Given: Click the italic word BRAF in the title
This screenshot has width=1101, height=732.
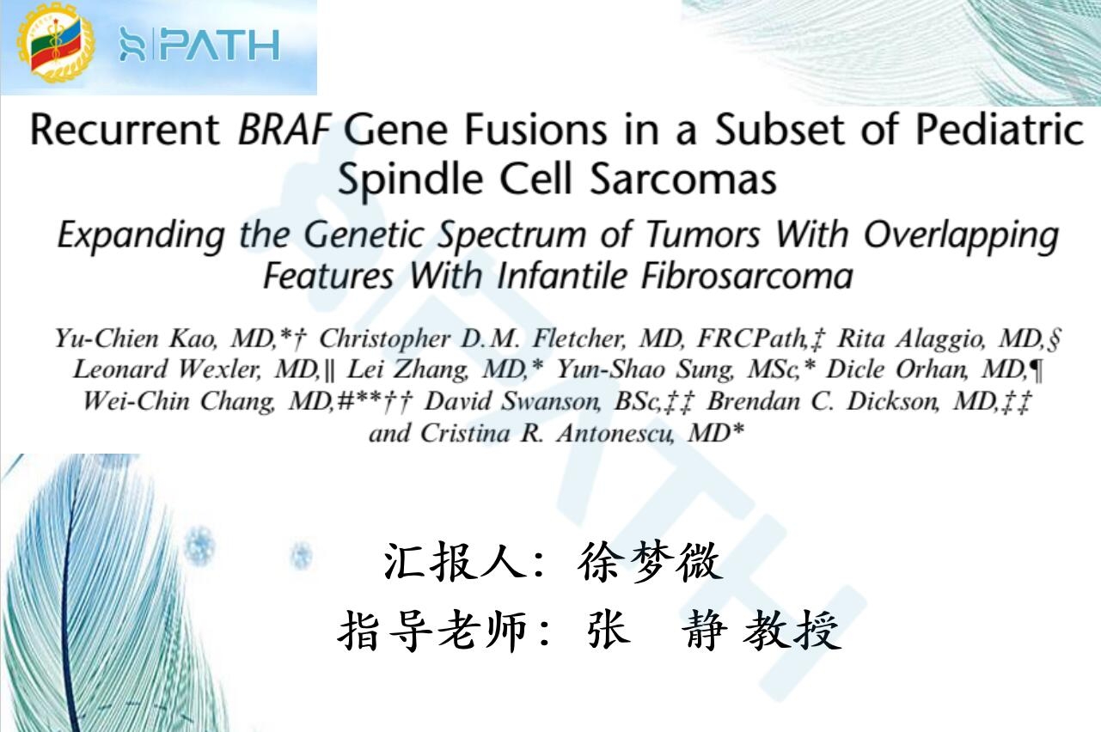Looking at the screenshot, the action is pyautogui.click(x=284, y=130).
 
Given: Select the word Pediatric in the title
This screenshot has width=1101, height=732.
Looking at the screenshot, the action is pyautogui.click(x=999, y=130).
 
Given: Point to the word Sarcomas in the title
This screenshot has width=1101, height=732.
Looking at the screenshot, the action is pyautogui.click(x=683, y=179).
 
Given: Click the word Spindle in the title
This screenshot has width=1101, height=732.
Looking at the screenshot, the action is pyautogui.click(x=411, y=180).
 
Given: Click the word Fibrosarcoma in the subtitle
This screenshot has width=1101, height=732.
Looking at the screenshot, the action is pyautogui.click(x=747, y=276).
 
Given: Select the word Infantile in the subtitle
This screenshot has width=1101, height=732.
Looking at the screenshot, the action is pyautogui.click(x=561, y=276).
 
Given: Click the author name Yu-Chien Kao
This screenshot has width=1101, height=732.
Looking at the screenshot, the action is pyautogui.click(x=135, y=339).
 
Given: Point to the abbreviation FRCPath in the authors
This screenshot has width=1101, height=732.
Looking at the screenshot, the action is pyautogui.click(x=753, y=339).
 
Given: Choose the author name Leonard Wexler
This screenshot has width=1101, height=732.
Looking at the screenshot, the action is pyautogui.click(x=166, y=369).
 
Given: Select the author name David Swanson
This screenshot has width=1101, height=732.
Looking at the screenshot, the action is pyautogui.click(x=512, y=401).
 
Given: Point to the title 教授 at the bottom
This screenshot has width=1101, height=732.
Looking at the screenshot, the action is pyautogui.click(x=792, y=631).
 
